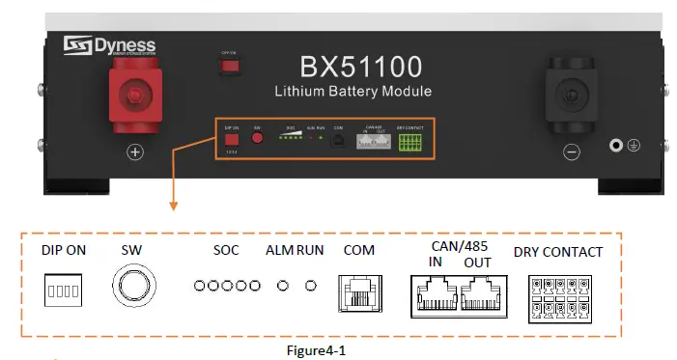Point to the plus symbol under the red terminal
click(x=134, y=152)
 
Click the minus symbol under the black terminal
click(x=571, y=152)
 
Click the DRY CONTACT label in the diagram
click(x=558, y=252)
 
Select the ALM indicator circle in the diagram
click(x=283, y=287)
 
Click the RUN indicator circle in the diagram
click(x=310, y=287)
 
